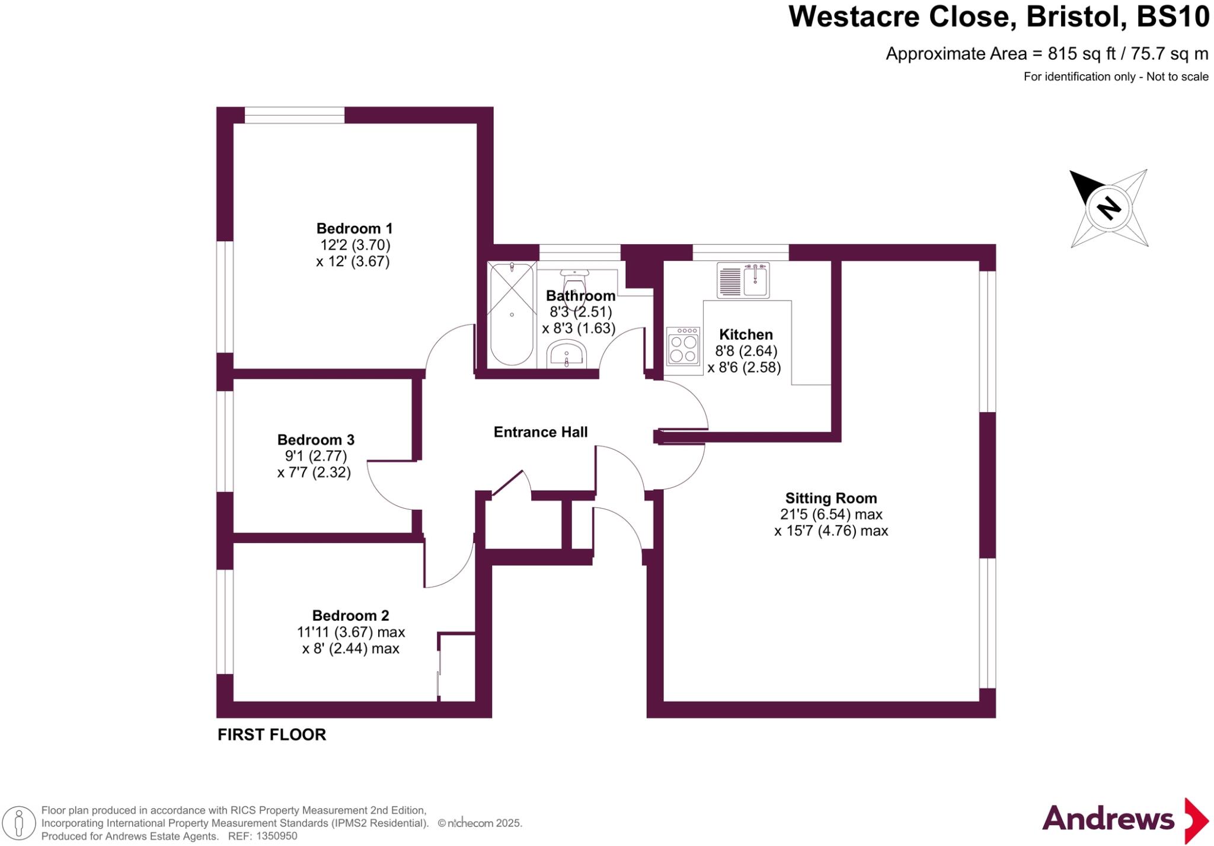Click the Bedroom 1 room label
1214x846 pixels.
click(354, 228)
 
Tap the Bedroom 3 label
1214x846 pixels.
click(315, 439)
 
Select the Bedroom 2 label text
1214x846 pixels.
click(350, 615)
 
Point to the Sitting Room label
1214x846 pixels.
click(830, 498)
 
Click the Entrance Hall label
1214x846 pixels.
click(541, 432)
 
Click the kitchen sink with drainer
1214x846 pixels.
click(743, 280)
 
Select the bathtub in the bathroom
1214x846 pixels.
click(512, 314)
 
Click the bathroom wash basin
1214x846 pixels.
click(566, 355)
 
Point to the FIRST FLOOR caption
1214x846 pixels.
click(271, 735)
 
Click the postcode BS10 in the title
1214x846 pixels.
click(1173, 17)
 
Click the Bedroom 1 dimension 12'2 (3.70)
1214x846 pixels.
click(355, 245)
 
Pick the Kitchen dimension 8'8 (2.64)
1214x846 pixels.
click(746, 351)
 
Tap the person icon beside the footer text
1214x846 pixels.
click(19, 823)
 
